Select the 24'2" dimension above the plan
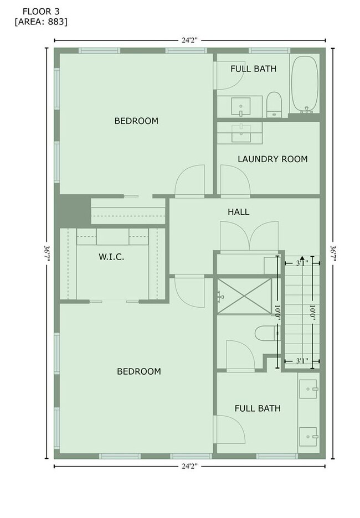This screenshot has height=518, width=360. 189,40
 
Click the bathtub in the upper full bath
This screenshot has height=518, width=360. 305,85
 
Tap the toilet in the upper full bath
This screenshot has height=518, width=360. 274,104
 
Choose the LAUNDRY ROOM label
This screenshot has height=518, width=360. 272,159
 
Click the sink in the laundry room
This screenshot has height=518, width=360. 240,132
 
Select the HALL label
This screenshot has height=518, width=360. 238,212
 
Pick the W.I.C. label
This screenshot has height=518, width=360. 111,257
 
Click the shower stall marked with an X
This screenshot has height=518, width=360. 244,297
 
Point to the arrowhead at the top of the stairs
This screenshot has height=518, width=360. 301,258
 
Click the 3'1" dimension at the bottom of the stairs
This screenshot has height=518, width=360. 301,361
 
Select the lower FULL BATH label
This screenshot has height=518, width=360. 257,408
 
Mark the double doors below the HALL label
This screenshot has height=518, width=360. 249,236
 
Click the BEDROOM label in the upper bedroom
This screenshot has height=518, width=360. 136,121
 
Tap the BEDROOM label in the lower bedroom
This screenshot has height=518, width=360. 139,371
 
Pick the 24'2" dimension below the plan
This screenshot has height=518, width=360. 189,467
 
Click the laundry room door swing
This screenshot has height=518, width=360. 235,180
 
